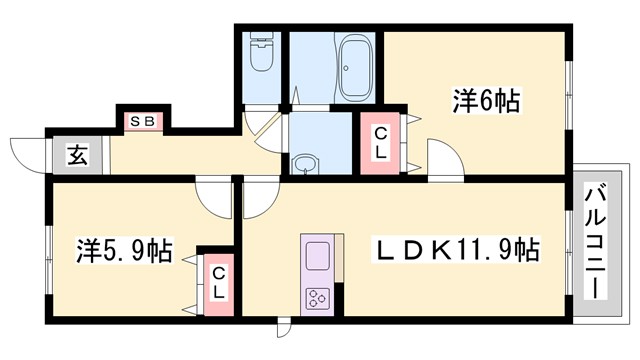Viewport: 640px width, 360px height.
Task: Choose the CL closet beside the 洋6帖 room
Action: (x=381, y=146)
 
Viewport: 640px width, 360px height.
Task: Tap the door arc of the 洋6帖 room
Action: (x=441, y=160)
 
